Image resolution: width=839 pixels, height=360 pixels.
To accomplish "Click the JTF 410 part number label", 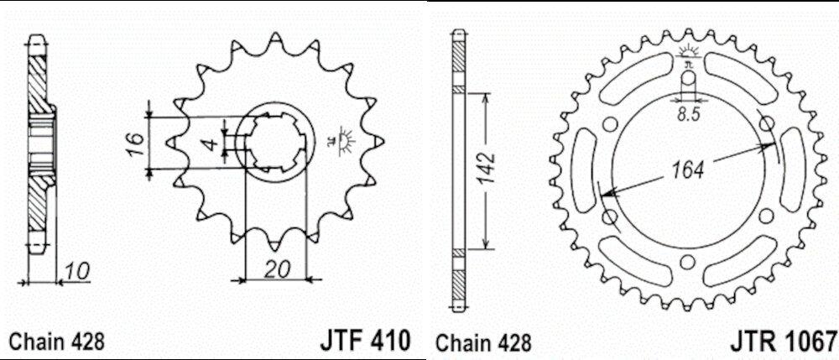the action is point(366,340).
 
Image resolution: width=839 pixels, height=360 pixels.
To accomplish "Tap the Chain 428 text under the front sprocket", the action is point(57,342).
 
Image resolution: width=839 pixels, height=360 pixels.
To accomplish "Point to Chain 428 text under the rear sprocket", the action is point(484,343).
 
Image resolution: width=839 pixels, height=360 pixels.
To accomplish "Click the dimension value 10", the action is point(77,272).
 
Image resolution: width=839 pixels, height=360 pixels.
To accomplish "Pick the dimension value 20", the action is point(277,269).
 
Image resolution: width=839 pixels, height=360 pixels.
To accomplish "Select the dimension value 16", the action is point(137,143).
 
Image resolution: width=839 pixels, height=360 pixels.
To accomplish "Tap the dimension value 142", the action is point(487,168).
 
